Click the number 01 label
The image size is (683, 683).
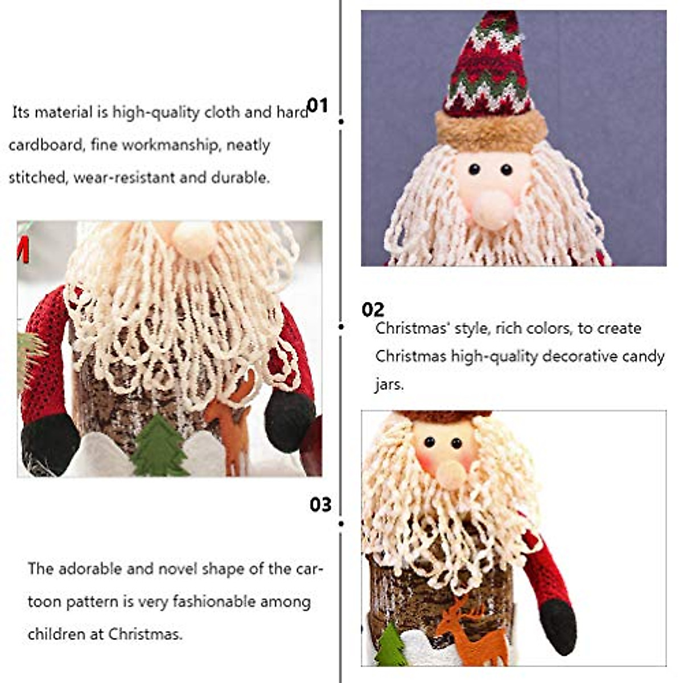click(x=318, y=105)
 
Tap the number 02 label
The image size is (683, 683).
click(x=373, y=310)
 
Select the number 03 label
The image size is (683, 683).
click(x=320, y=504)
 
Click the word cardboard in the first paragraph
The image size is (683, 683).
click(x=46, y=145)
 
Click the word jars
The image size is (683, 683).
click(x=389, y=384)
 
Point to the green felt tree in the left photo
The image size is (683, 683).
click(x=157, y=447)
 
